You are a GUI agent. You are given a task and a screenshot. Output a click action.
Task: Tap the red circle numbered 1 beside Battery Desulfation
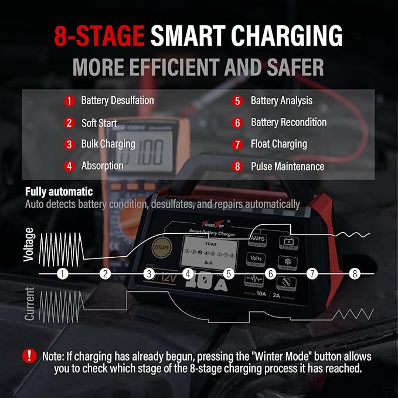[69, 101]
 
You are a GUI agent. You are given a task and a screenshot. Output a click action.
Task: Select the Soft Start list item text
[99, 123]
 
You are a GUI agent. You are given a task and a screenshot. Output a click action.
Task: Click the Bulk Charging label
[108, 144]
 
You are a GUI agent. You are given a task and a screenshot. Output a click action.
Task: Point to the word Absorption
[102, 166]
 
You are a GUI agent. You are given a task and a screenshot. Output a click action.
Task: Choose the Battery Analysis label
[281, 101]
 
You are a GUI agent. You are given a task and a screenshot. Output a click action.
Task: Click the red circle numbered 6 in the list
[237, 123]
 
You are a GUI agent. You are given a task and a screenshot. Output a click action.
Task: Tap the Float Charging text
[278, 144]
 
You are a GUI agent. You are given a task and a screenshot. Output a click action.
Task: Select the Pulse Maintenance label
[287, 166]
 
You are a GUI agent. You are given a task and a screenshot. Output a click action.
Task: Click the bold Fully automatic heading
[59, 192]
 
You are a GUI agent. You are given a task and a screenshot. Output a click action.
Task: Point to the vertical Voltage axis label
[29, 244]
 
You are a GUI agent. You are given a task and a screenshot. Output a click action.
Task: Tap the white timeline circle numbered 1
[63, 274]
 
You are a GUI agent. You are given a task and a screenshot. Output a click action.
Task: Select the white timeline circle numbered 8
[354, 274]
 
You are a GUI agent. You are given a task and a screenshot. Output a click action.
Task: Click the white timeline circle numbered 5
[229, 274]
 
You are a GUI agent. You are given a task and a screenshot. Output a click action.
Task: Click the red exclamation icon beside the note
[29, 356]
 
